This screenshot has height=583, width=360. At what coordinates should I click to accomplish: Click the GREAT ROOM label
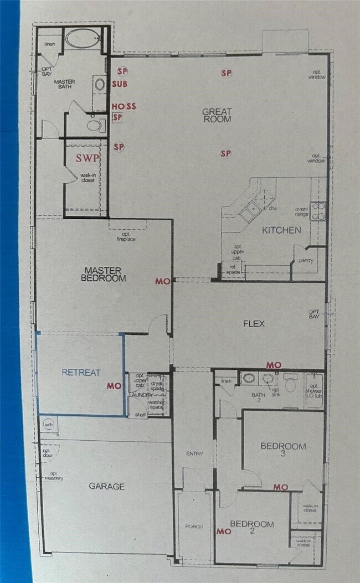coord(217,115)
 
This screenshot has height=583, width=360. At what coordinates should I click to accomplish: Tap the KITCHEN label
coord(281,230)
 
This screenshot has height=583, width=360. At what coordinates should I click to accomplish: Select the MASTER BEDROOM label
coord(105,274)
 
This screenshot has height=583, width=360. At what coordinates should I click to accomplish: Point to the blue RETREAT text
coord(81,373)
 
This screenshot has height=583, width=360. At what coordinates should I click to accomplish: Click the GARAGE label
coord(106,486)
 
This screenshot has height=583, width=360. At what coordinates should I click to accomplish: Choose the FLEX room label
coord(253,323)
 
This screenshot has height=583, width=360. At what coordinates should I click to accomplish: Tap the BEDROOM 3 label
coord(283,450)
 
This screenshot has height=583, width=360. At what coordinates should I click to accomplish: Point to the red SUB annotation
coord(120,84)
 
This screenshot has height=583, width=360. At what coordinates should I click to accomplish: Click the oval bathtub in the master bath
coord(82,39)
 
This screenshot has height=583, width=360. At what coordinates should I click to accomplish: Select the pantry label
coord(306,260)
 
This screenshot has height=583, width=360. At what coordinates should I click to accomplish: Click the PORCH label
coord(194,526)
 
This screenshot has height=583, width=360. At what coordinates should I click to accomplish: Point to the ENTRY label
coord(194,453)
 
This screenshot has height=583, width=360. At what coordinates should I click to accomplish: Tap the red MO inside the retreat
coord(114,385)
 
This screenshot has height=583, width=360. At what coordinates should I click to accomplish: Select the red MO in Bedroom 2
coord(223,531)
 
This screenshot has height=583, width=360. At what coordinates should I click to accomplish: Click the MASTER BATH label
coord(65,85)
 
